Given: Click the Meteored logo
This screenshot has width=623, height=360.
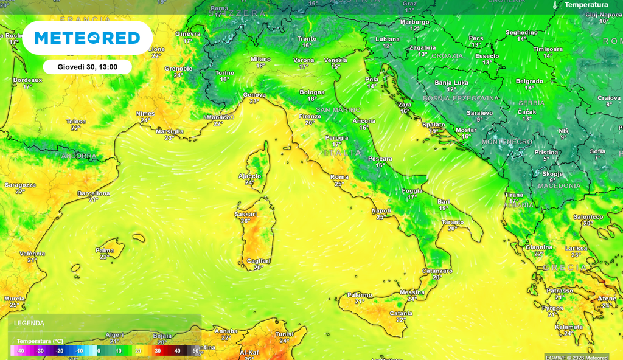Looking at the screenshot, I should point(88,38).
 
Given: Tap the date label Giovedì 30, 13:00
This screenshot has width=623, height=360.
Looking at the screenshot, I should point(88,67).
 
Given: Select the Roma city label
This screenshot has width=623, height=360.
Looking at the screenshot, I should point(339,177).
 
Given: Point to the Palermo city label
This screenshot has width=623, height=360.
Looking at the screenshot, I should point(359,295).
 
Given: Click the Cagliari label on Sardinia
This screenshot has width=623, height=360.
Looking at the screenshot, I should point(259,261).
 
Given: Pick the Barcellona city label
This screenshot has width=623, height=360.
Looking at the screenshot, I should point(94,193).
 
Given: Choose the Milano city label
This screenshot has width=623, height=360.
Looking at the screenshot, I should point(260,59).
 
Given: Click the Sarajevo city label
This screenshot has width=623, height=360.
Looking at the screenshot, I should point(479,113).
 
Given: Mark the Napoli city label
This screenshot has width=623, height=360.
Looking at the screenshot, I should point(381,210).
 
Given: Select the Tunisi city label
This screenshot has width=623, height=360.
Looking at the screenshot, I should point(285,334).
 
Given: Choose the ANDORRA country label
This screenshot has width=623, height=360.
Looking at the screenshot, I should point(78,156).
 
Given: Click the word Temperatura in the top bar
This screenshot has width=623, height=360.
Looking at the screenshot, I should point(586,5).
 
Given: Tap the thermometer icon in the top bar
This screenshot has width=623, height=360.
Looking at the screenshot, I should point(555,5).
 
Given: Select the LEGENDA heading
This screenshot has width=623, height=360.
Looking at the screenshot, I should point(29,323).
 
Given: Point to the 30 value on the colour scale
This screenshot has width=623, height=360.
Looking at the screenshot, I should point(158,351).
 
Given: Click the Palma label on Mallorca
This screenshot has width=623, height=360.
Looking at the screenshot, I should point(105,251).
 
